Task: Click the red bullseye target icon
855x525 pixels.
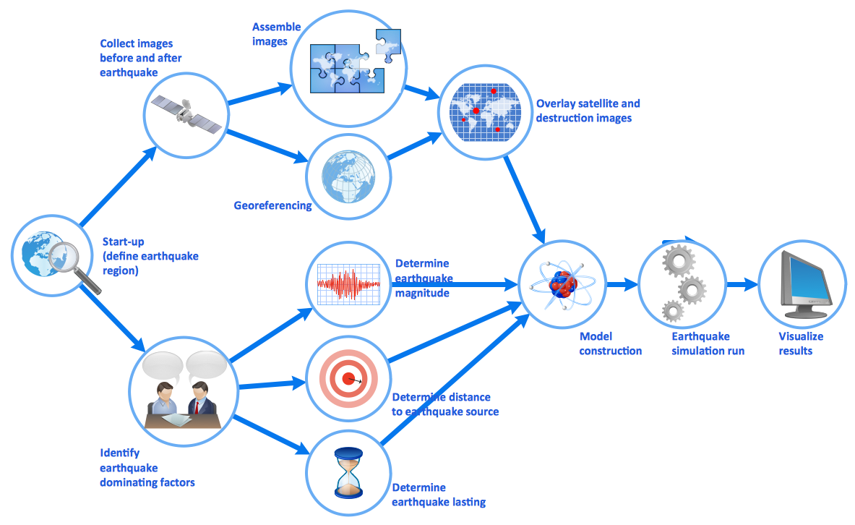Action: (349, 378)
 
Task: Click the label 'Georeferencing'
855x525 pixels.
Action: (272, 205)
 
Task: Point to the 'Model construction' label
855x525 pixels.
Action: (610, 343)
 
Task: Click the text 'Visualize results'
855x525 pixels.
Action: (800, 343)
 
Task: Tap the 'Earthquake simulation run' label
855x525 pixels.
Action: (708, 343)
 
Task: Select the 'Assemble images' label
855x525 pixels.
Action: (275, 34)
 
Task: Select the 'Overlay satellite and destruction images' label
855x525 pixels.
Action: (588, 111)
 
